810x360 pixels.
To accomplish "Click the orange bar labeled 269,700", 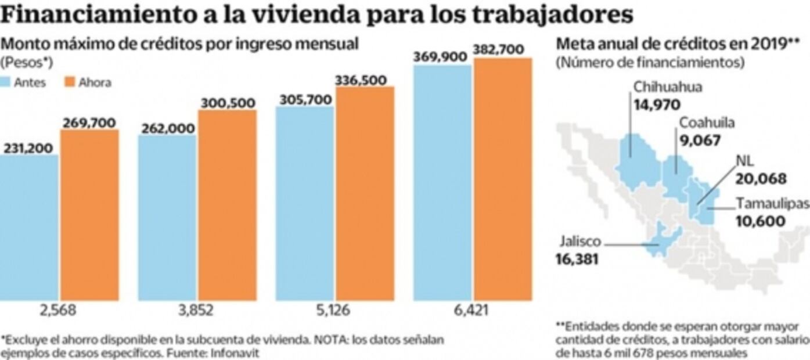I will pyautogui.click(x=89, y=215).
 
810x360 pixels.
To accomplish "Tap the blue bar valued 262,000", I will pyautogui.click(x=167, y=218).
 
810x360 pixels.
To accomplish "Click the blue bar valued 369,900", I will pyautogui.click(x=442, y=183).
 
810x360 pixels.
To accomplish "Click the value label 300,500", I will pyautogui.click(x=228, y=103).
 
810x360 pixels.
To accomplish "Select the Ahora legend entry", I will pyautogui.click(x=95, y=82).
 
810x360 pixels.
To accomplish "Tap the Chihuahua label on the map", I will pyautogui.click(x=667, y=87).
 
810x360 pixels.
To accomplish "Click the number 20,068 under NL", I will pyautogui.click(x=761, y=179).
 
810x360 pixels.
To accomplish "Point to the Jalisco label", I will pyautogui.click(x=580, y=242).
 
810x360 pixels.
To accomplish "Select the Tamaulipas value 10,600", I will pyautogui.click(x=761, y=221).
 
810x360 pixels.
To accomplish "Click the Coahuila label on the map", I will pyautogui.click(x=707, y=123).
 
